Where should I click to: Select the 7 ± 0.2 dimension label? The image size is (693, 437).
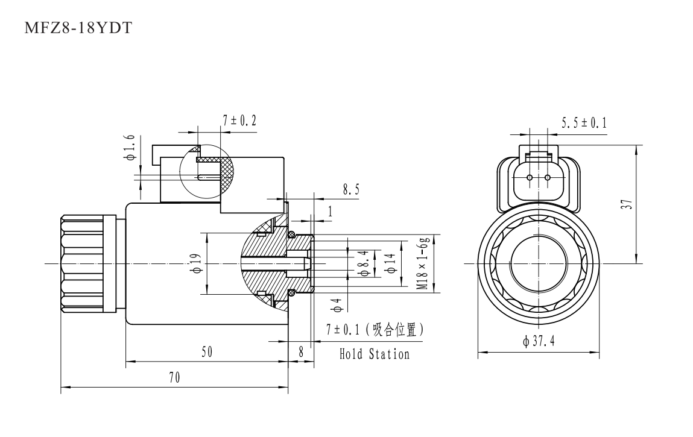pyautogui.click(x=239, y=121)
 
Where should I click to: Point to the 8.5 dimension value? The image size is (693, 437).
pyautogui.click(x=351, y=189)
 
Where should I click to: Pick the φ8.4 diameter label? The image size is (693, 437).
pyautogui.click(x=363, y=264)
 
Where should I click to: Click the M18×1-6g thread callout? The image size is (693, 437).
pyautogui.click(x=426, y=263)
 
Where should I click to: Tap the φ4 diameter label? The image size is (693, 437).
pyautogui.click(x=338, y=306)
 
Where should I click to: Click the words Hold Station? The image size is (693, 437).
pyautogui.click(x=374, y=354)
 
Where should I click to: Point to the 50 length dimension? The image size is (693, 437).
pyautogui.click(x=206, y=353)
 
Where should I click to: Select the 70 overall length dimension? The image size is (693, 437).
pyautogui.click(x=174, y=378)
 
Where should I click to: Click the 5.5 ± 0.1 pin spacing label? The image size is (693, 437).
pyautogui.click(x=584, y=123)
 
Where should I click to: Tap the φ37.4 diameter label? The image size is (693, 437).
pyautogui.click(x=539, y=342)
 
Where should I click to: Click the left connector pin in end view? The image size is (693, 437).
pyautogui.click(x=530, y=178)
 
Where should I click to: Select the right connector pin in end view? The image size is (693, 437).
pyautogui.click(x=548, y=178)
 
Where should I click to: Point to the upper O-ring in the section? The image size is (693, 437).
pyautogui.click(x=291, y=234)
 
